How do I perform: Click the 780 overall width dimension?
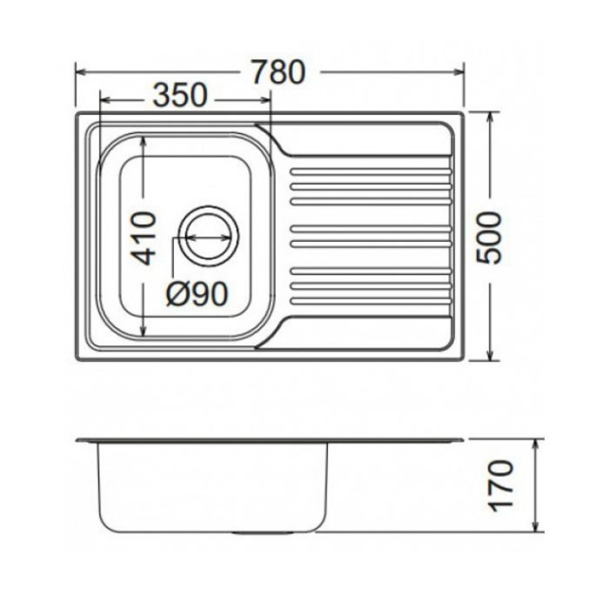pos(278,72)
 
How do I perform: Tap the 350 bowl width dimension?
pos(180,95)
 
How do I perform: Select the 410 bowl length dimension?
pos(144,238)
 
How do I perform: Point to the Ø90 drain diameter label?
pos(197,293)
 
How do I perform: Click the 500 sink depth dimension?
pos(489,238)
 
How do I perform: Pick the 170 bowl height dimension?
pos(500,485)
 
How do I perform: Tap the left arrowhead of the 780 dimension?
pos(81,72)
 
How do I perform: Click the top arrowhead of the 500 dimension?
pos(490,117)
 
